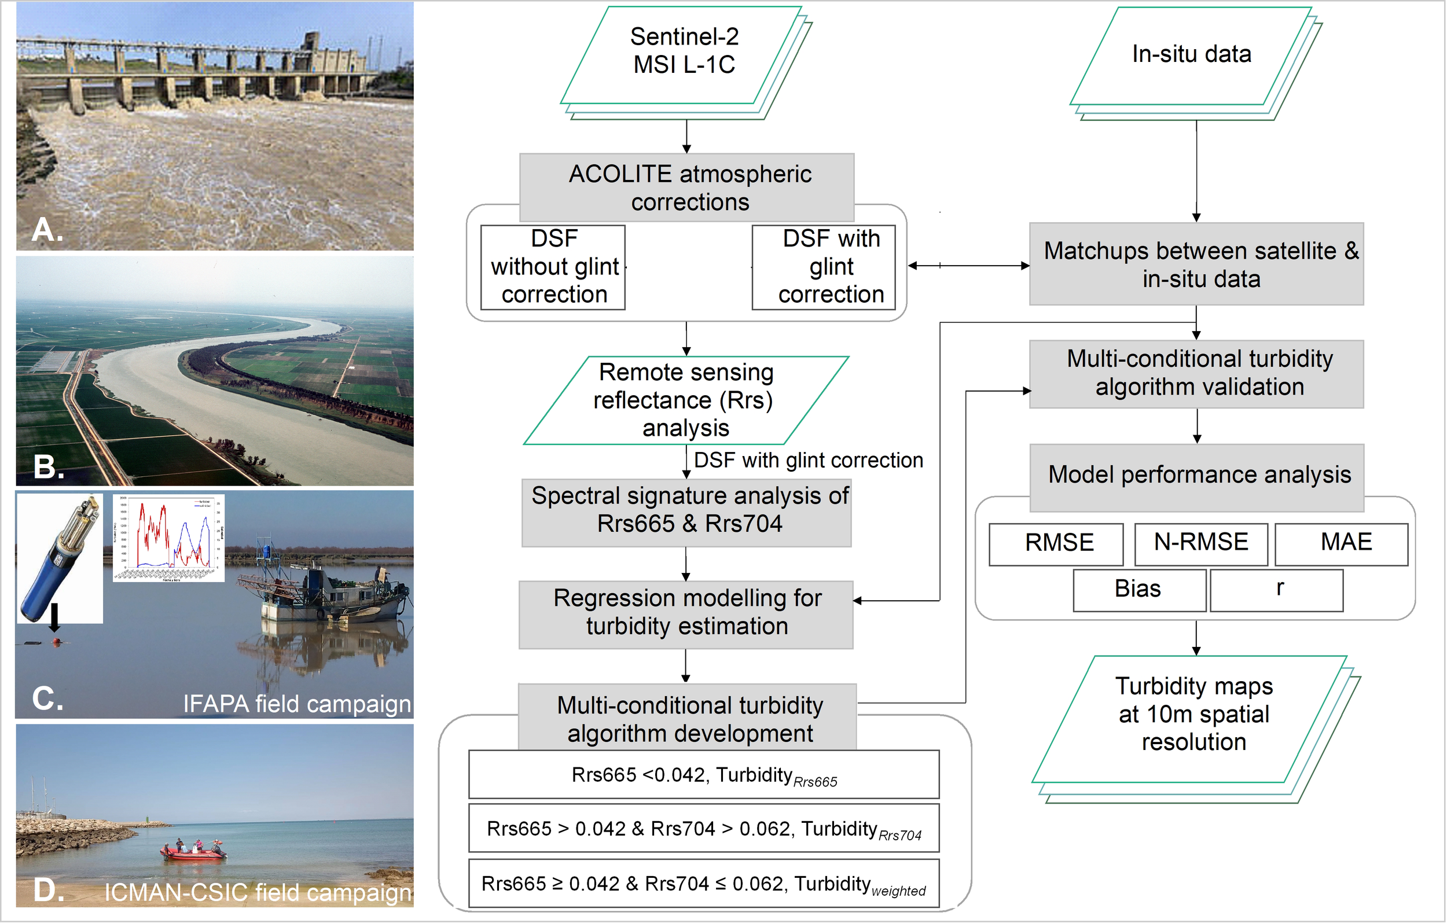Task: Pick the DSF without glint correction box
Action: (553, 267)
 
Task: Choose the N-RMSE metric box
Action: (1200, 543)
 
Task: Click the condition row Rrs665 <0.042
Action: (704, 775)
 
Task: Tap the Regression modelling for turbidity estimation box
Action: (687, 613)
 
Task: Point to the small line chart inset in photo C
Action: (169, 538)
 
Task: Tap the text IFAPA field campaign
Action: (297, 703)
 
